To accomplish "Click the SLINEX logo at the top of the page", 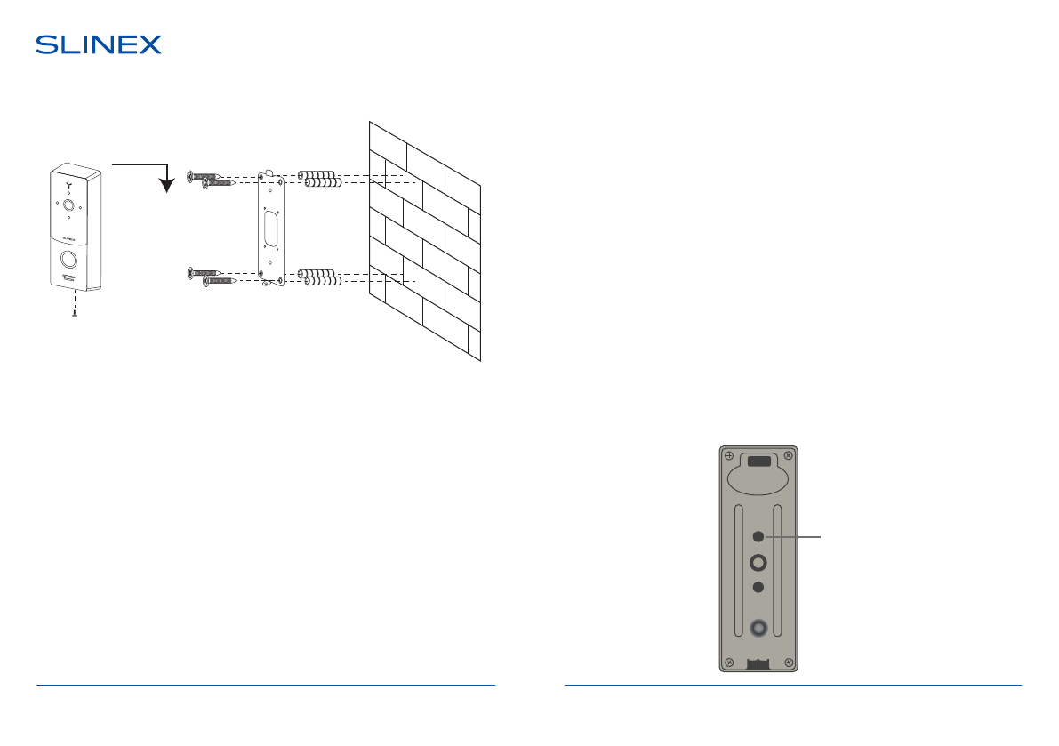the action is (x=99, y=45).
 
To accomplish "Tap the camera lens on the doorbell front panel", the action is (x=68, y=204).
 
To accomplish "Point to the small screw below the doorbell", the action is (x=76, y=312).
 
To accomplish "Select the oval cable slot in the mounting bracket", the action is (x=269, y=226).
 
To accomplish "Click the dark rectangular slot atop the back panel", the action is (x=758, y=461).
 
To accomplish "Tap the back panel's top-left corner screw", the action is (x=729, y=456).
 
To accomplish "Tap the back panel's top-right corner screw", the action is (x=787, y=456).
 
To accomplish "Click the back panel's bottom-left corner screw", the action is (x=729, y=661).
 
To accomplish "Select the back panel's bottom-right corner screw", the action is (x=787, y=661).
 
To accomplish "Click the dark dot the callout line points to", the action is (x=758, y=537).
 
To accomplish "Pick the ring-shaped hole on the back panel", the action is (x=758, y=562).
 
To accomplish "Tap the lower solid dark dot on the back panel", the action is (x=758, y=587).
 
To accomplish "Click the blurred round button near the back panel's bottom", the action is (x=758, y=629).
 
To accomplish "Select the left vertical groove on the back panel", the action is (x=739, y=570).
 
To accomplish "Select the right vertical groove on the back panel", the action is (x=777, y=570).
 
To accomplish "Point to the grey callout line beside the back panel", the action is (x=796, y=537).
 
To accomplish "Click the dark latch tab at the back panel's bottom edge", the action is (x=758, y=663).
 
